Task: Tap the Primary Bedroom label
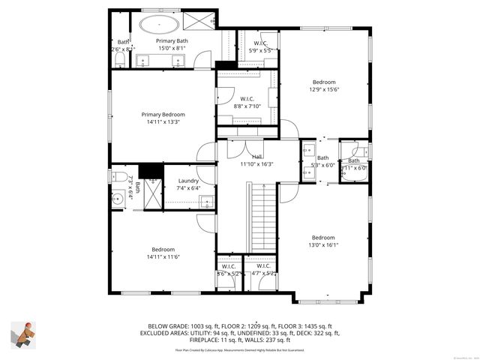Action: point(162,115)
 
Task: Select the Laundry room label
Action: point(188,181)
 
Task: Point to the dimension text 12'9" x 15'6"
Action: point(324,89)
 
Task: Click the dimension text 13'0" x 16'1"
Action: point(324,244)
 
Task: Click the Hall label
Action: point(256,157)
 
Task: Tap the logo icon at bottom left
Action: point(23,333)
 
